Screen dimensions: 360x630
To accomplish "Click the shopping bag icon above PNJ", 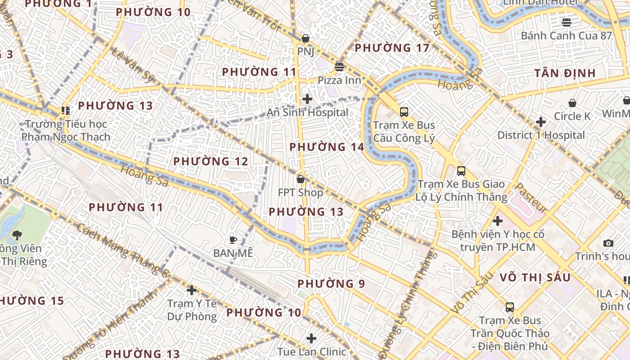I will (x=305, y=38).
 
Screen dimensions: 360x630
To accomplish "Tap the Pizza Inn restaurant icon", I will (x=339, y=67).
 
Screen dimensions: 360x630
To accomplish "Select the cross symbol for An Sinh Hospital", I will (x=307, y=99).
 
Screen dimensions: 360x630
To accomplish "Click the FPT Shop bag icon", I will (x=301, y=179).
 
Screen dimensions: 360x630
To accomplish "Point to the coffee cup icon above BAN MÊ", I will (x=233, y=240).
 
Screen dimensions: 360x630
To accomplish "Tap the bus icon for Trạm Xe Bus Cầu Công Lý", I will (x=404, y=112).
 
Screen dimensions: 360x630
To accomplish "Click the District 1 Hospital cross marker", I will (x=541, y=122).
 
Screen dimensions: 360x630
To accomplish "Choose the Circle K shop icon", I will (x=572, y=103).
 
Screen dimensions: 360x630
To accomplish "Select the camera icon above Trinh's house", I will (x=608, y=243).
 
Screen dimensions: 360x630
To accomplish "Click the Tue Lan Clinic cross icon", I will (x=311, y=338).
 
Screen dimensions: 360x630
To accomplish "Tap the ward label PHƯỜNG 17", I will (x=392, y=48).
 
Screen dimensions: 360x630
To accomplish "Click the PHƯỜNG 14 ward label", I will (x=327, y=147).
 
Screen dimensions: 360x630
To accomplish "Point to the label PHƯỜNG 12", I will (x=211, y=161).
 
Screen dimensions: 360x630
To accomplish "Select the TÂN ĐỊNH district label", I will (x=565, y=73).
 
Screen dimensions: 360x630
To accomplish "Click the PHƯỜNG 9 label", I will (x=331, y=284).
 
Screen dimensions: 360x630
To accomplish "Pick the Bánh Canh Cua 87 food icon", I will (x=567, y=22).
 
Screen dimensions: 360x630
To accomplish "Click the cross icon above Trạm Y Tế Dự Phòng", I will (x=192, y=290).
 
